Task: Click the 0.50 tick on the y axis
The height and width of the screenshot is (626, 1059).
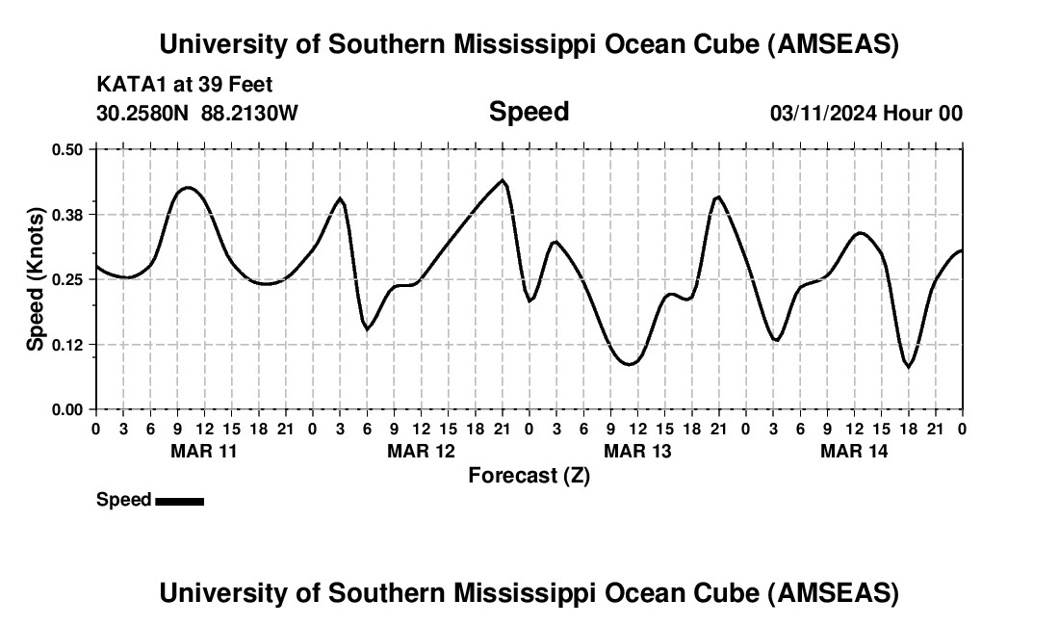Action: click(x=68, y=149)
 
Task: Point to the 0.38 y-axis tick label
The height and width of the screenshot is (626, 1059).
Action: click(x=68, y=214)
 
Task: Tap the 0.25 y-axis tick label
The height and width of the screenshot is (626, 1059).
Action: click(x=68, y=279)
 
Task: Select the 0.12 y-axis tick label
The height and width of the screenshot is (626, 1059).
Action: click(x=68, y=344)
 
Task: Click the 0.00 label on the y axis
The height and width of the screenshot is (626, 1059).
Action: click(x=68, y=409)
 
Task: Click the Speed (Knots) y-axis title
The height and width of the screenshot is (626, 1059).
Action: click(x=36, y=279)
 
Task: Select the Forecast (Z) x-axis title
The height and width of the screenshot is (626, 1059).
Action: click(x=529, y=475)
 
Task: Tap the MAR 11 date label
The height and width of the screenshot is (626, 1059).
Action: click(x=203, y=451)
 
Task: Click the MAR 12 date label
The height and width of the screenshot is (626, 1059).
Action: click(x=421, y=451)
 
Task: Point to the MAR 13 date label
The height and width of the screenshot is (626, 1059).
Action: click(x=637, y=451)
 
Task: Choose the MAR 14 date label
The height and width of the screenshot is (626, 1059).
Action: click(x=854, y=451)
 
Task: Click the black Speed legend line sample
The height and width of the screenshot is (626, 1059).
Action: click(x=179, y=501)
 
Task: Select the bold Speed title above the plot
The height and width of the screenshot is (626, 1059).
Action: click(x=529, y=112)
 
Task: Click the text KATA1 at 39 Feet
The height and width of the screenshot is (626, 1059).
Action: click(x=185, y=85)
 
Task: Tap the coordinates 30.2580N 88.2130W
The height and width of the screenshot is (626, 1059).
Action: click(x=197, y=113)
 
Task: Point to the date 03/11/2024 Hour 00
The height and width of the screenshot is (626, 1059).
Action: click(x=866, y=113)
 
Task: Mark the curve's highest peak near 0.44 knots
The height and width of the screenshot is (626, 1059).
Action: click(x=503, y=180)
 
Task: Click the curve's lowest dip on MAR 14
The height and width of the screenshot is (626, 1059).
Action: click(x=908, y=366)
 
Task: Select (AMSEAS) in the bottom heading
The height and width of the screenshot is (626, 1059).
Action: click(x=834, y=593)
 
